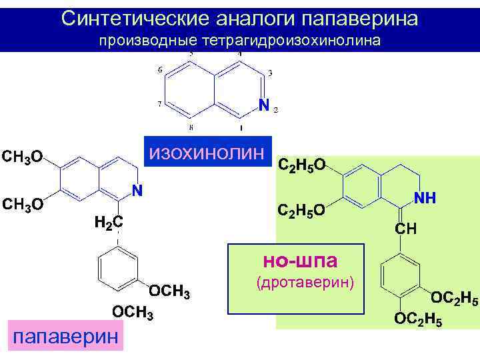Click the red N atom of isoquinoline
point(263,105)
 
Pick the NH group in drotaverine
point(425,198)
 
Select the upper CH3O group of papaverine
point(23,157)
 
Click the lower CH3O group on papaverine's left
point(23,204)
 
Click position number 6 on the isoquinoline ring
point(159,70)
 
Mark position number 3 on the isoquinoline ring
point(269,72)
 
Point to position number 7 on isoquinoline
point(159,104)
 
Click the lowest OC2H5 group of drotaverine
point(418,319)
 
